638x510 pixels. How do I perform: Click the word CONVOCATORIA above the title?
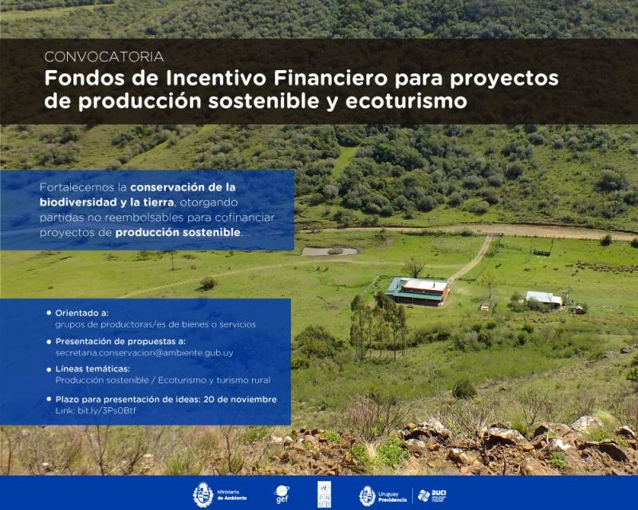pos(104,57)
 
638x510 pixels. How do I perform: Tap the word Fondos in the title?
pos(77,80)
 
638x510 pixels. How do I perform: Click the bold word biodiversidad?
pos(79,202)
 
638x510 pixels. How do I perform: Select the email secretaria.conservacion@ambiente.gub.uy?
pos(144,351)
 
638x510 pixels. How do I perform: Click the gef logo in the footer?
pos(282,494)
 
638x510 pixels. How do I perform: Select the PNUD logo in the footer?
pos(324,494)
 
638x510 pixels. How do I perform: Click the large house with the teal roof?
pos(417,291)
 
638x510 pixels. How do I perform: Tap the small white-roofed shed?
pos(544,299)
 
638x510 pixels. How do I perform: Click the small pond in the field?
pos(329,251)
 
